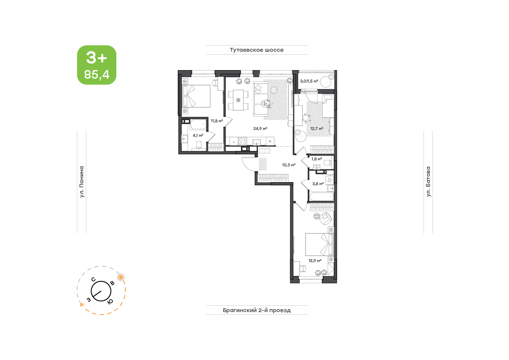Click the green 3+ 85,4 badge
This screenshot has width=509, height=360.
pyautogui.click(x=97, y=65)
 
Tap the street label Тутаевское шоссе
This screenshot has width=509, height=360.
pyautogui.click(x=257, y=50)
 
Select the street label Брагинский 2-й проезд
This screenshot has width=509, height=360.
pyautogui.click(x=257, y=310)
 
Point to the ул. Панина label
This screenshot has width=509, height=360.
pyautogui.click(x=82, y=182)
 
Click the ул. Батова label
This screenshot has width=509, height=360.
pyautogui.click(x=428, y=182)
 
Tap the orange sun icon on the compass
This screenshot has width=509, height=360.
pyautogui.click(x=121, y=277)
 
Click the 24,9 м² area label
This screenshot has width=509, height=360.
pyautogui.click(x=260, y=129)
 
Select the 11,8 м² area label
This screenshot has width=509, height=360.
pyautogui.click(x=217, y=121)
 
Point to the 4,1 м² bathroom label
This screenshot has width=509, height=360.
pyautogui.click(x=198, y=136)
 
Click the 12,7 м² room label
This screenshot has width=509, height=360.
pyautogui.click(x=317, y=129)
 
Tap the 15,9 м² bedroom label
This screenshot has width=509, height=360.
pyautogui.click(x=315, y=261)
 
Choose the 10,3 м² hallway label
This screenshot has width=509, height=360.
pyautogui.click(x=288, y=165)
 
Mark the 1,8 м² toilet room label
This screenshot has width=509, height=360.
pyautogui.click(x=317, y=159)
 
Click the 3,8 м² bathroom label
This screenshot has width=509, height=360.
pyautogui.click(x=318, y=184)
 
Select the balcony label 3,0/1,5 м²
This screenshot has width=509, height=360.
pyautogui.click(x=309, y=81)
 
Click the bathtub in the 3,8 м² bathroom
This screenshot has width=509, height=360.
pyautogui.click(x=321, y=197)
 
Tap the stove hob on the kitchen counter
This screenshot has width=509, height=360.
pyautogui.click(x=242, y=141)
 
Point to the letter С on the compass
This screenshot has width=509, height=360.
pyautogui.click(x=93, y=280)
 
